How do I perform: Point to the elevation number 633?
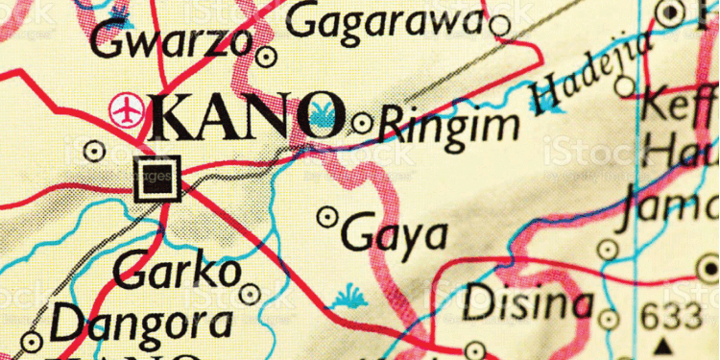(672, 315)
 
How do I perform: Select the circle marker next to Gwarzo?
(267, 56)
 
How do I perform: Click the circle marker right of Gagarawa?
(500, 24)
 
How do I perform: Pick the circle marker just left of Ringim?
(362, 123)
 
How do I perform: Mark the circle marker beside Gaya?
(328, 217)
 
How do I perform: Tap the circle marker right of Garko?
(251, 293)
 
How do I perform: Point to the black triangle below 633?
(662, 343)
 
